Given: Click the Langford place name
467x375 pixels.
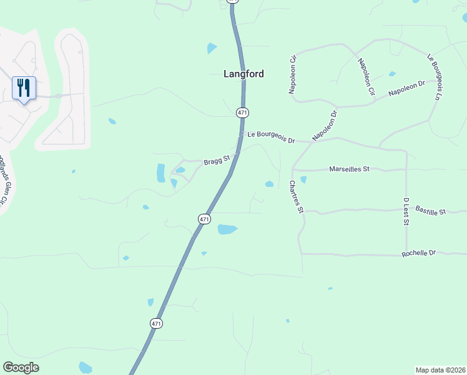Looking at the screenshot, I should (x=243, y=74).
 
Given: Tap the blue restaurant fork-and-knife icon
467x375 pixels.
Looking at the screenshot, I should (x=24, y=87).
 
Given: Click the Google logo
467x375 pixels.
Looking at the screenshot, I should (x=21, y=367).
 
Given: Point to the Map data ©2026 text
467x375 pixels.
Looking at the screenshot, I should (x=440, y=370).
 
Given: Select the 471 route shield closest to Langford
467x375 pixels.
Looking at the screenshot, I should (x=243, y=112).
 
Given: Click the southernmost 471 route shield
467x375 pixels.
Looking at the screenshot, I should (x=156, y=323).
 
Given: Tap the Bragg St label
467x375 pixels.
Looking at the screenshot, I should (x=217, y=161).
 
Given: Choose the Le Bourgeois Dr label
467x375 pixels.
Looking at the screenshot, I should (x=270, y=137).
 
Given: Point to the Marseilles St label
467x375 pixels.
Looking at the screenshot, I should (x=349, y=169).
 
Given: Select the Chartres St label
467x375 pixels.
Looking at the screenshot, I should (x=295, y=197).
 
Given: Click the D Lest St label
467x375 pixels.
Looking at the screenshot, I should (x=405, y=216).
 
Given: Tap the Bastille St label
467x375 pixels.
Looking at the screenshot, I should (x=430, y=211).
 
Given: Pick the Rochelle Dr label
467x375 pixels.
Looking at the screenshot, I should (x=418, y=253).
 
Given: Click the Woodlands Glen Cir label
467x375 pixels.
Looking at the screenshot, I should (x=4, y=181).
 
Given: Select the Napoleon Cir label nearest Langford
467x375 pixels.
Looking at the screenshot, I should (x=292, y=75).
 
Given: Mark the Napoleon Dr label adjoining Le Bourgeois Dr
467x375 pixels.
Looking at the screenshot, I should (x=325, y=125).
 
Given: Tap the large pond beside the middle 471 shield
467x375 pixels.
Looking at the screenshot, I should (x=227, y=229).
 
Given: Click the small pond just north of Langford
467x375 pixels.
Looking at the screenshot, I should (x=212, y=47).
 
